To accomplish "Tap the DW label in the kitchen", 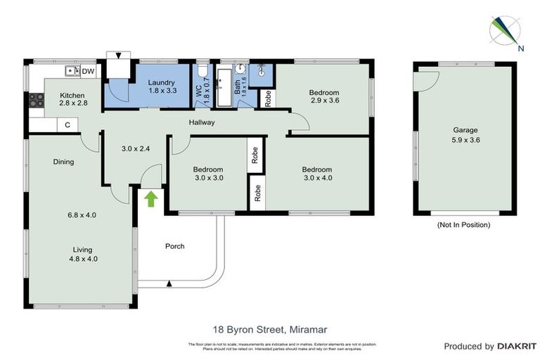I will point(88,72).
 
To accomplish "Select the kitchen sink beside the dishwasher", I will point(71,71).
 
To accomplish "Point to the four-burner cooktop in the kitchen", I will point(35,100).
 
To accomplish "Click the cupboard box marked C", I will point(67,125).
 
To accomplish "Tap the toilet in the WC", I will point(202,71).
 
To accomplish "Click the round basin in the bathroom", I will point(240,69).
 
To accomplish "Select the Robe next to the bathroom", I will point(268,98).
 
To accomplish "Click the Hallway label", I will point(201,122).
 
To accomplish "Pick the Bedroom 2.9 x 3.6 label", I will point(324,96).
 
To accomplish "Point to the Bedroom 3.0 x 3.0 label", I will point(208,174).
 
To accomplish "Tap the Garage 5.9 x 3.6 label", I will point(465,134).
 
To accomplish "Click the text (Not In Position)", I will point(463,225).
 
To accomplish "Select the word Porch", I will point(174,246).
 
